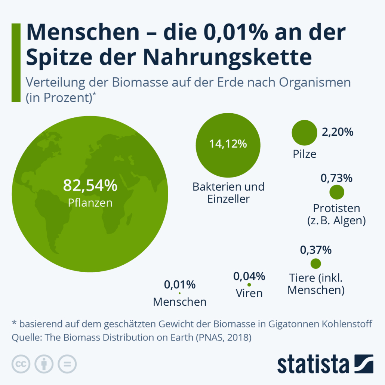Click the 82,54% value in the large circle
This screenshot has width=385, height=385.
point(90,185)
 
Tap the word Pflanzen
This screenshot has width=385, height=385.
point(90,203)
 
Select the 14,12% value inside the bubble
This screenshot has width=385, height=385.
point(228,144)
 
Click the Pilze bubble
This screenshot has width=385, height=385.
point(304,134)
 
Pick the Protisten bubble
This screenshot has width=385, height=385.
point(337,192)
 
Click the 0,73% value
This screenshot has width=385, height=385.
point(336,178)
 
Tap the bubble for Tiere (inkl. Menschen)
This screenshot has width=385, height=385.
point(316,264)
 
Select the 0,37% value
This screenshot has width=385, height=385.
point(316,250)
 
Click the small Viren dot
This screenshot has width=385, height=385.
point(249,285)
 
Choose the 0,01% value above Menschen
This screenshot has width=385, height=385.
point(180,285)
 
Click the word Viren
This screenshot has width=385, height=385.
point(249,293)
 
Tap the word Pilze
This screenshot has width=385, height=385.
point(305,154)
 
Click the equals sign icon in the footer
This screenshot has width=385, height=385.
point(67,363)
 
